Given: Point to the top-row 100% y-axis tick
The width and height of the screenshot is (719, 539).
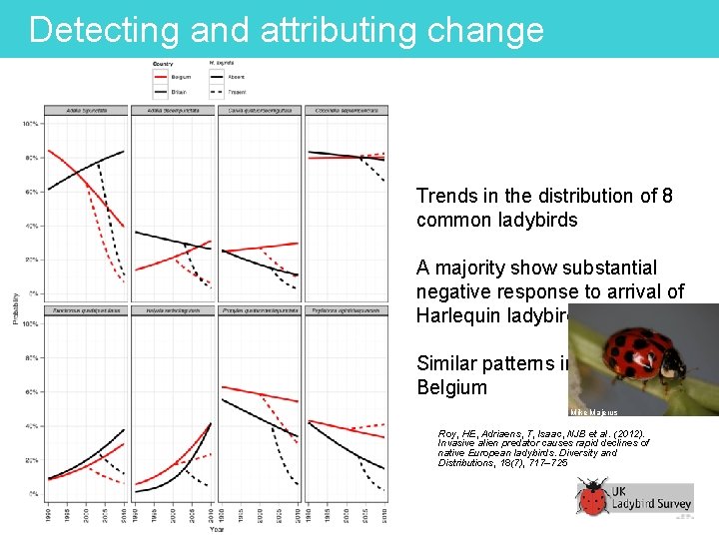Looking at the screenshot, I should pyautogui.click(x=30, y=124).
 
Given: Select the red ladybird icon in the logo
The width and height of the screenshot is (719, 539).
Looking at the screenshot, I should pyautogui.click(x=593, y=497).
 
